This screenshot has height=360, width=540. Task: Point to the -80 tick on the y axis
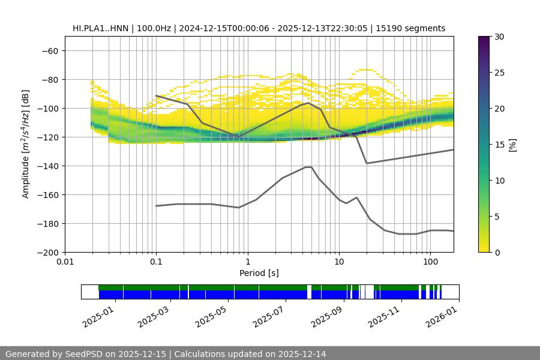pyautogui.click(x=50, y=80)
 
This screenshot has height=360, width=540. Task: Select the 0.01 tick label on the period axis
pyautogui.click(x=65, y=262)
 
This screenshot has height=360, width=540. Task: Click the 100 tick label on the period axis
pyautogui.click(x=430, y=262)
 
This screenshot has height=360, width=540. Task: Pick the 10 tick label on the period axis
pyautogui.click(x=338, y=262)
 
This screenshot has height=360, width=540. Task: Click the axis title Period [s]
pyautogui.click(x=259, y=273)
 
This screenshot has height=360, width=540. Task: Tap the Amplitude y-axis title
pyautogui.click(x=26, y=145)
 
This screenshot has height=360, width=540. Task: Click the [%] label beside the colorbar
pyautogui.click(x=512, y=145)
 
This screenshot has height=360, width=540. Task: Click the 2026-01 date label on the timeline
pyautogui.click(x=442, y=315)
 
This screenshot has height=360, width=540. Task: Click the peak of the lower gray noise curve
pyautogui.click(x=308, y=167)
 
